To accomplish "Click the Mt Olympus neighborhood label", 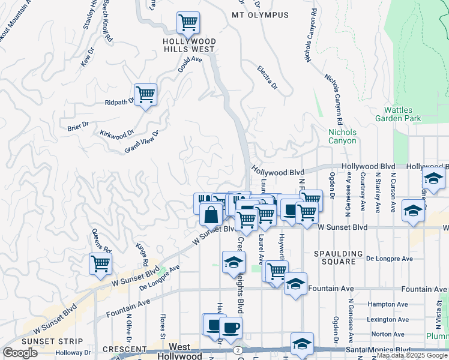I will [x=260, y=15].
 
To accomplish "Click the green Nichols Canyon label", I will [x=342, y=136].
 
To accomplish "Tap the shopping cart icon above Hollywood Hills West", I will [x=188, y=24].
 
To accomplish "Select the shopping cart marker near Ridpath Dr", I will [x=145, y=95].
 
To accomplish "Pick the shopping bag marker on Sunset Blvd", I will [x=211, y=214].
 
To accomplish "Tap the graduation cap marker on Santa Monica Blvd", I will [x=303, y=344].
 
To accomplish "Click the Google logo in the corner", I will [x=20, y=353].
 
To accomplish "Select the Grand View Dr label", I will [x=141, y=142].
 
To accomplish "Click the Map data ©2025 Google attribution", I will [x=412, y=355].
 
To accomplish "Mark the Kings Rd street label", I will [x=142, y=254].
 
